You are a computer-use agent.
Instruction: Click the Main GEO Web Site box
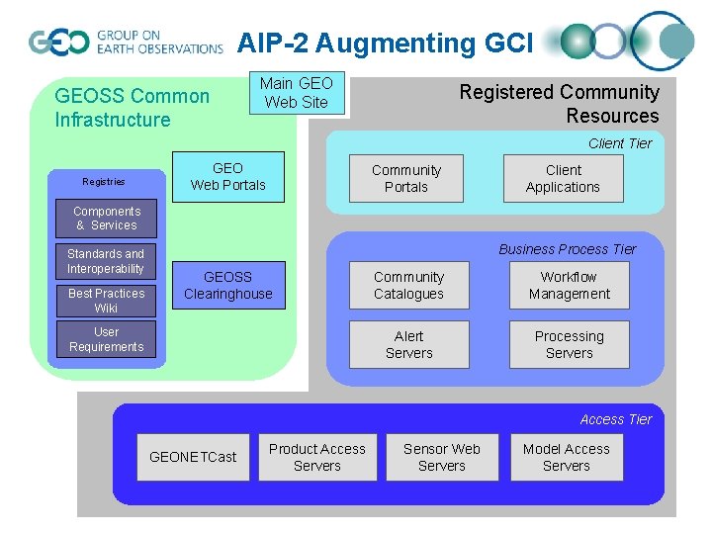pos(297,93)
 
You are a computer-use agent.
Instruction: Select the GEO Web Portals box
pos(228,176)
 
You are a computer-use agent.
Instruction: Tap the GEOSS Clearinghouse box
pos(228,286)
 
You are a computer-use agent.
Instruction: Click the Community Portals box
pos(406,178)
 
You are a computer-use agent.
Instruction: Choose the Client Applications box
pos(563,178)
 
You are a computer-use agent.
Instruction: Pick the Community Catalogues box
pos(409,286)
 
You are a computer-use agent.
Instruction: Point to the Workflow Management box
pos(569,286)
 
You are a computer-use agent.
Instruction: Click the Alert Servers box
pos(409,344)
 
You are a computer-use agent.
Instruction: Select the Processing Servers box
pos(569,344)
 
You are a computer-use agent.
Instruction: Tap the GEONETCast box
pos(193,457)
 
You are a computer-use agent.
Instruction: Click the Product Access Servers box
pos(317,457)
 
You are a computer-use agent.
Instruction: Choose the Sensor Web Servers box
pos(441,457)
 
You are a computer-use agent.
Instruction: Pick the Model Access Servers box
pos(566,457)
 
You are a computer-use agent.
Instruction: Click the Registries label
pos(104,182)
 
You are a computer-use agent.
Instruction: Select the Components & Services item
pos(107,219)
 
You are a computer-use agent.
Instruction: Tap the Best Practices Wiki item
pos(107,301)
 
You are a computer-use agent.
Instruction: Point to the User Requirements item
pos(107,339)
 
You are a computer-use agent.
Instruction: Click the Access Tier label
pos(616,419)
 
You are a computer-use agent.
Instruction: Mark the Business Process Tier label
pos(568,249)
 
